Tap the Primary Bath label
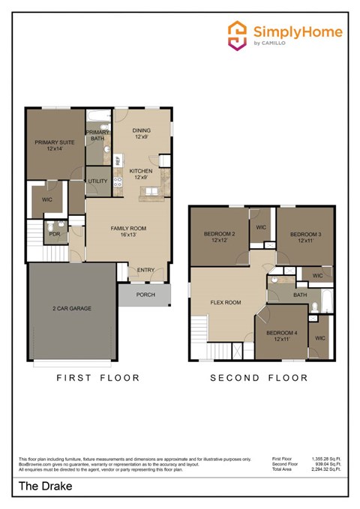(97, 136)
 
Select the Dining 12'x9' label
(142, 133)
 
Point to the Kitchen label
(142, 174)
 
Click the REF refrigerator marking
(118, 160)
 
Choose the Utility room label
(97, 181)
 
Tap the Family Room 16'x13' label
(128, 231)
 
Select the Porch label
(145, 295)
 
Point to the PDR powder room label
(54, 233)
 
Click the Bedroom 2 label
(220, 237)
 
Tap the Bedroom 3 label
(305, 237)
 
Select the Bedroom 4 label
(286, 335)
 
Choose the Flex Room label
(225, 303)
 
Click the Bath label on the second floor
(300, 295)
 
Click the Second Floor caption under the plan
(259, 378)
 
